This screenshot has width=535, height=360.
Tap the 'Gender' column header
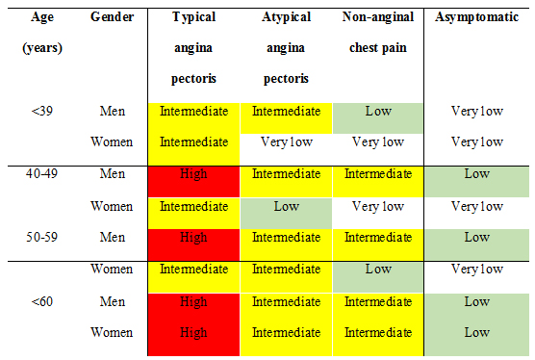[112, 18]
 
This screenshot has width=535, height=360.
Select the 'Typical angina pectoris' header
[193, 47]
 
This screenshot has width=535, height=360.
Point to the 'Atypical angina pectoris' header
[286, 47]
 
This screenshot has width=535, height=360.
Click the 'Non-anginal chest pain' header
[378, 33]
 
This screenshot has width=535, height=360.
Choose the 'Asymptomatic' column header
[476, 18]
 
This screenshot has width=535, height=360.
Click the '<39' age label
[41, 111]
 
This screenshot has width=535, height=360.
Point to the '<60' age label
[41, 301]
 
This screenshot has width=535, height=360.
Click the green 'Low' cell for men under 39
[378, 111]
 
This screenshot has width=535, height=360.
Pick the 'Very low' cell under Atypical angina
[286, 142]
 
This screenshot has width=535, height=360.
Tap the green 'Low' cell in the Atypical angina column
[286, 206]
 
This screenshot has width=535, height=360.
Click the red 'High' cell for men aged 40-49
[193, 174]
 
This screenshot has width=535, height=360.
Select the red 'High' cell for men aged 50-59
[193, 237]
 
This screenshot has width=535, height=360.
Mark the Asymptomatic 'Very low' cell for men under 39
[476, 111]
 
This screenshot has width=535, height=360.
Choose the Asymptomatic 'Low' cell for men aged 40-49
[476, 174]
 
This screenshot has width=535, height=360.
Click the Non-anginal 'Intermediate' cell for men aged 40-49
[378, 174]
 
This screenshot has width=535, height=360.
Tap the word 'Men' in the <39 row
[112, 111]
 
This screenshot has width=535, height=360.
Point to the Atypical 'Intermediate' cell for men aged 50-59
[286, 237]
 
